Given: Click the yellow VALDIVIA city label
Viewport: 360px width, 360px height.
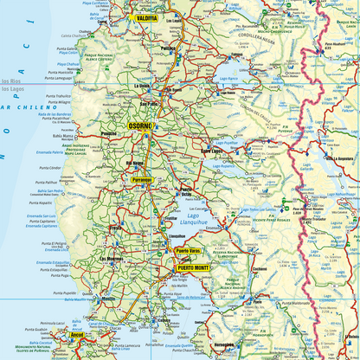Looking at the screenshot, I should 145,17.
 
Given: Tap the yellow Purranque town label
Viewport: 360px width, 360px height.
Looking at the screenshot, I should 141,180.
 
